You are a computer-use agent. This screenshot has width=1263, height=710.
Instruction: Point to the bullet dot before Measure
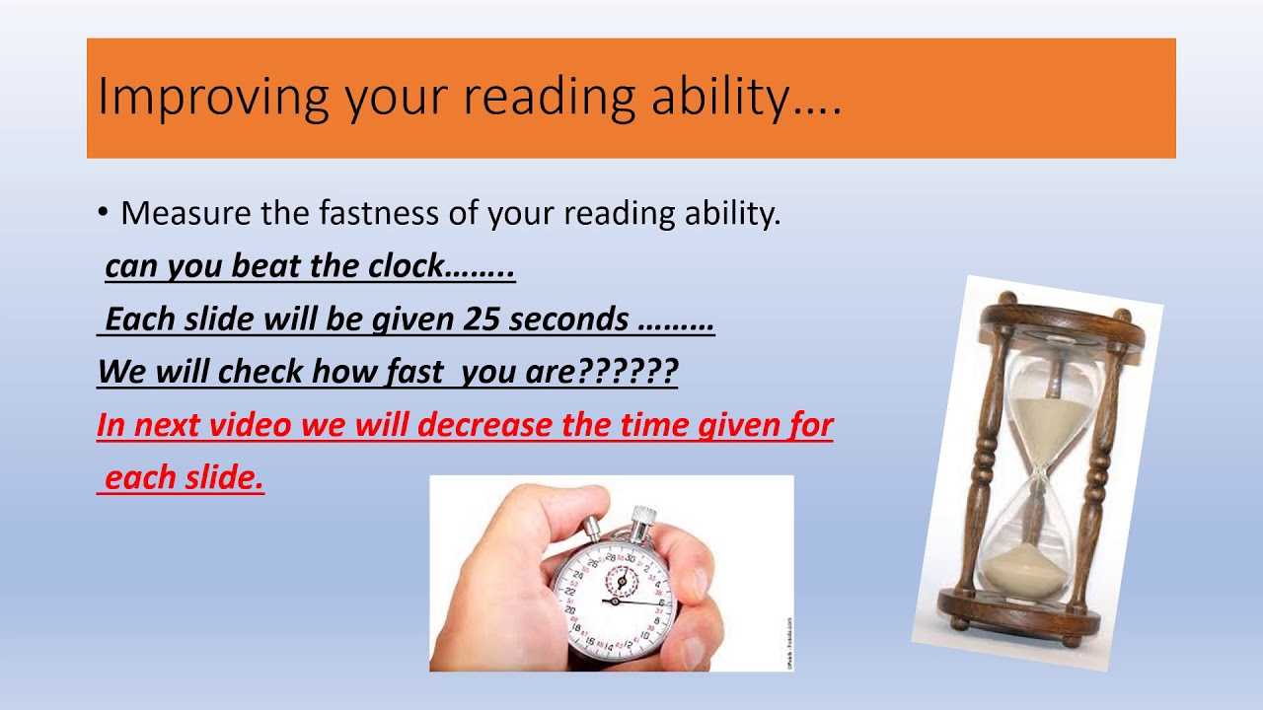103,213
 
